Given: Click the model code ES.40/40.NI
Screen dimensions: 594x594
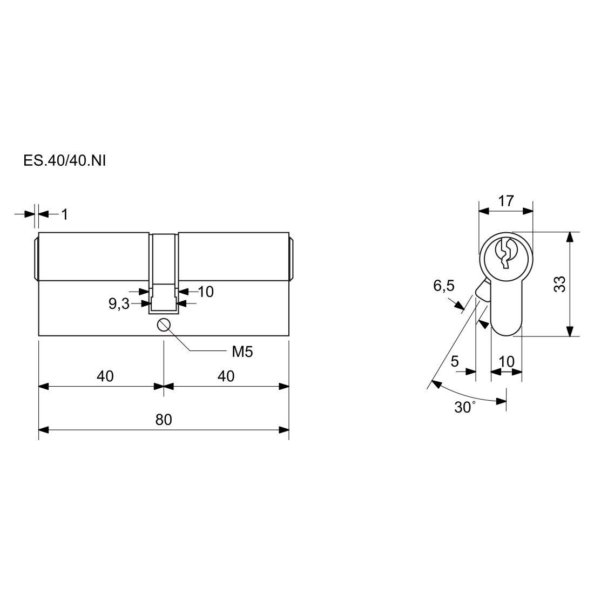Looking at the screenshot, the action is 64,160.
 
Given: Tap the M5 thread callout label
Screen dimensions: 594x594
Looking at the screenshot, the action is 242,352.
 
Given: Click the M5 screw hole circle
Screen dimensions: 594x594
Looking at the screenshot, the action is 164,325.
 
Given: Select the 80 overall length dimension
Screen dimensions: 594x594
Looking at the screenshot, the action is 164,420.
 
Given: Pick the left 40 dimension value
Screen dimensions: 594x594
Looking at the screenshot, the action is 105,376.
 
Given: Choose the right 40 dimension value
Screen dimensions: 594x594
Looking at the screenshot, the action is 226,376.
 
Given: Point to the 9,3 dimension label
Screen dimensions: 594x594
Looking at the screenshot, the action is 119,304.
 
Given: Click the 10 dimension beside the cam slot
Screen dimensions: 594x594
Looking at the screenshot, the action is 206,292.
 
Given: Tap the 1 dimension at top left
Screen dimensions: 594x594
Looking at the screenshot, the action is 65,214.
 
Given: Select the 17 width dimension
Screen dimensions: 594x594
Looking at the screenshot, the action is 506,201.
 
